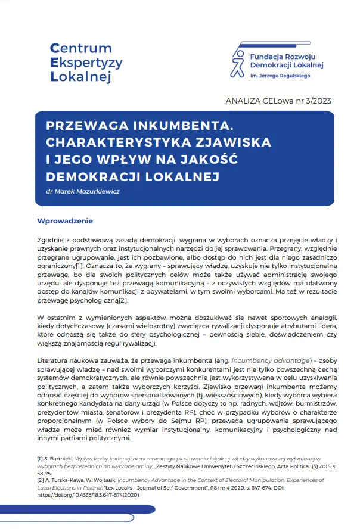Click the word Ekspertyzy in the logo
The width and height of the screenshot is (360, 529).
(x=86, y=62)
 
